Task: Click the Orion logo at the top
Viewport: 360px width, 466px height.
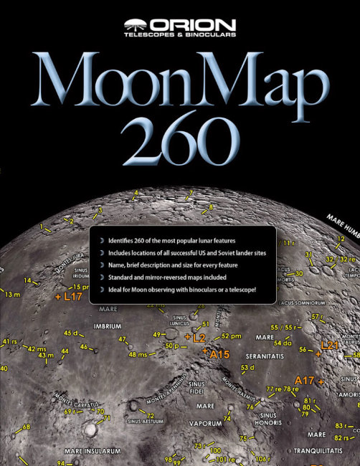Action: [180, 28]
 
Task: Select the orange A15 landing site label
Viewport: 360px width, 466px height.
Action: [218, 353]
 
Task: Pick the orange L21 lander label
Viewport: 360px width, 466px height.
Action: [328, 345]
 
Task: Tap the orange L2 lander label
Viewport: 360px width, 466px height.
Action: [198, 336]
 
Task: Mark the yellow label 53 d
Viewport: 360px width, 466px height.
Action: [247, 368]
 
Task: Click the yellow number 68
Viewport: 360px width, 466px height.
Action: [27, 427]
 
